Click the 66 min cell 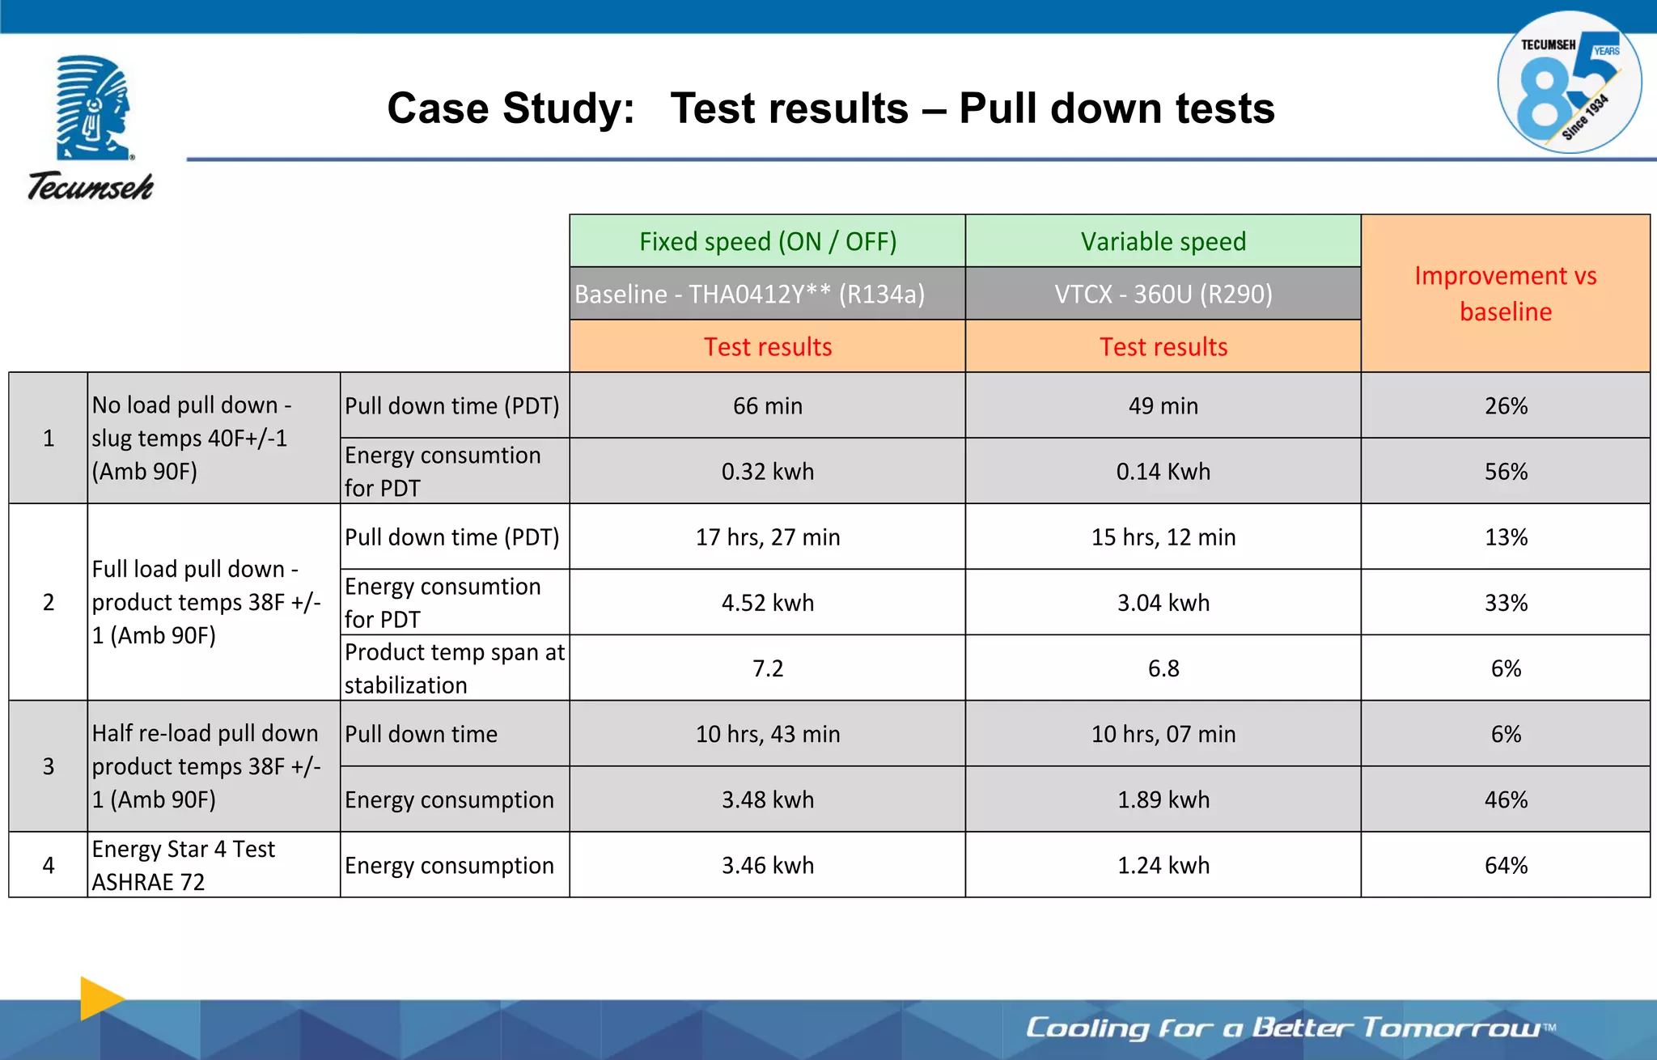click(x=767, y=405)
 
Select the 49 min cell click(x=1163, y=405)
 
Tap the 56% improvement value click(x=1505, y=471)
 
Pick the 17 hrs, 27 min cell click(x=767, y=537)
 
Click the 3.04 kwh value click(x=1163, y=603)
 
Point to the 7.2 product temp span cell click(x=767, y=668)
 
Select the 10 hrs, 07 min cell click(x=1163, y=734)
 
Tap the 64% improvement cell click(x=1505, y=865)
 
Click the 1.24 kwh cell click(x=1163, y=865)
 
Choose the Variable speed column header click(x=1163, y=241)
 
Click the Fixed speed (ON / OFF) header click(x=767, y=241)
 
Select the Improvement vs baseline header click(x=1505, y=293)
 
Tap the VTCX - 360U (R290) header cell click(x=1163, y=294)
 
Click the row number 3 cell click(x=49, y=766)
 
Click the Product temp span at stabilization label click(x=454, y=668)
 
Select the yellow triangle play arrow click(x=100, y=998)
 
